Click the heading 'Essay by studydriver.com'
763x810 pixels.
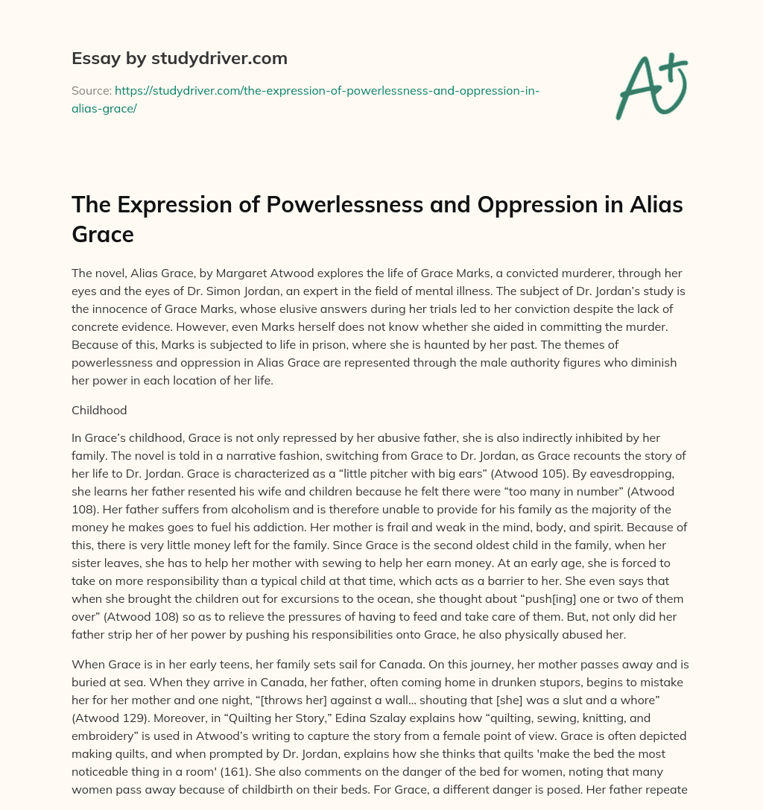[x=179, y=57]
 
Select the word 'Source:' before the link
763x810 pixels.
[x=91, y=90]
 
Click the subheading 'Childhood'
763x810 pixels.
[x=99, y=410]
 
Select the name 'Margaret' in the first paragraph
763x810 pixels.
[x=287, y=273]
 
